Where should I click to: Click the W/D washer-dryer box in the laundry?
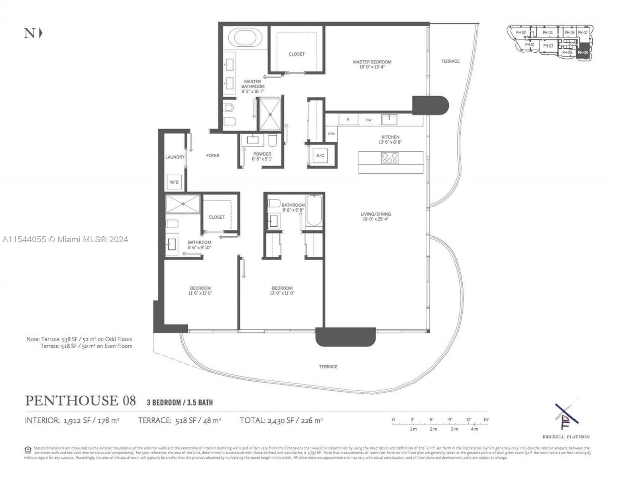[174, 182]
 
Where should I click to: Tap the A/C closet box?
[320, 156]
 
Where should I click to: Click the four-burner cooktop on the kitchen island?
[390, 158]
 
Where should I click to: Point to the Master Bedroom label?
[372, 64]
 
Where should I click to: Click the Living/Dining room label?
[375, 216]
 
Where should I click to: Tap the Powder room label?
[262, 156]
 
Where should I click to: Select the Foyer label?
[212, 156]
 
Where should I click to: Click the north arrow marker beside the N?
[41, 33]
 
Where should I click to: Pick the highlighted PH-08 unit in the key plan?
[582, 52]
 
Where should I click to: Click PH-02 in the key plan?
[521, 33]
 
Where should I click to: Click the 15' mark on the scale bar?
[485, 420]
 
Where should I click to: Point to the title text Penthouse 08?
[80, 401]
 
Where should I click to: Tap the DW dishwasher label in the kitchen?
[369, 120]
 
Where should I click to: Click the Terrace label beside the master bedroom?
[450, 61]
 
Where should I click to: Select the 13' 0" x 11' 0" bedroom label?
[282, 291]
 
